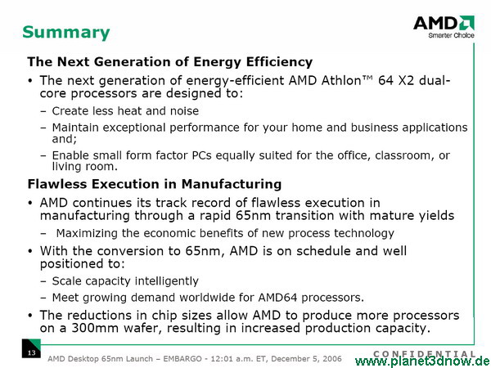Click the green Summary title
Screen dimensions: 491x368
coord(66,33)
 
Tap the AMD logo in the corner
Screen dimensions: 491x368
coord(444,23)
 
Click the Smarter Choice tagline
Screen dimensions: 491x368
coord(451,35)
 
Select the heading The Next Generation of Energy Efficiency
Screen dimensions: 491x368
coord(170,62)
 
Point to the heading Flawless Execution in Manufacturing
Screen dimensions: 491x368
coord(155,184)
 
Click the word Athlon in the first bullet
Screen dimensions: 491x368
coord(341,81)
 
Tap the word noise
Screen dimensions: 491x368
coord(184,111)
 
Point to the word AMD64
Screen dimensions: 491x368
coord(277,298)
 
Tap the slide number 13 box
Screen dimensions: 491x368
coord(31,348)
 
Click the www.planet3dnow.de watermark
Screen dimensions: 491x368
coord(423,361)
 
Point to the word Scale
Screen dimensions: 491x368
coord(67,281)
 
